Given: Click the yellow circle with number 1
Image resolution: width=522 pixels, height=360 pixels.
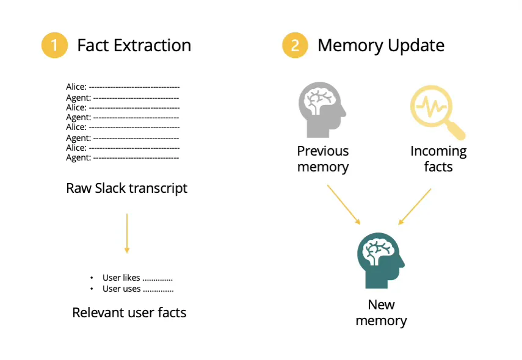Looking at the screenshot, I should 54,45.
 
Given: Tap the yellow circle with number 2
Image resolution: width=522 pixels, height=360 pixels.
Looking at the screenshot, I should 295,45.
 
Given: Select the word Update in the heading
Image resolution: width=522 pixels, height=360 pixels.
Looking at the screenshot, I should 419,45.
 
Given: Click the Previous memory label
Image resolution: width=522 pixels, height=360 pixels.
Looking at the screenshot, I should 323,159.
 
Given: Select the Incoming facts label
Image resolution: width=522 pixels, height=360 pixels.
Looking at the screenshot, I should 438,159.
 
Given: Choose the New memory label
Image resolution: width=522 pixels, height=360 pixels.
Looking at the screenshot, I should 381,312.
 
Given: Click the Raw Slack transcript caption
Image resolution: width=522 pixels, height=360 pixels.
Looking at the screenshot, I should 126,188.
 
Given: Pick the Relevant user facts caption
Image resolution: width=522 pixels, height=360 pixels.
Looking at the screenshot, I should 129,313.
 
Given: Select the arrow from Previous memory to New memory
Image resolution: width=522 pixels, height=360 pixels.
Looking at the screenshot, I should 343,204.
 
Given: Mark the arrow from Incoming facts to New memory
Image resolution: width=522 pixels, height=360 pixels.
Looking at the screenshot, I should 415,206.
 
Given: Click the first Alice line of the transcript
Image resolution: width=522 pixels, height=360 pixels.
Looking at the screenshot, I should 123,87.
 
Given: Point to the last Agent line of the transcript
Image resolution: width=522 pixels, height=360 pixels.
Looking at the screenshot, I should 122,157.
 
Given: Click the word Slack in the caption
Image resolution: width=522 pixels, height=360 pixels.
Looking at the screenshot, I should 110,188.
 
